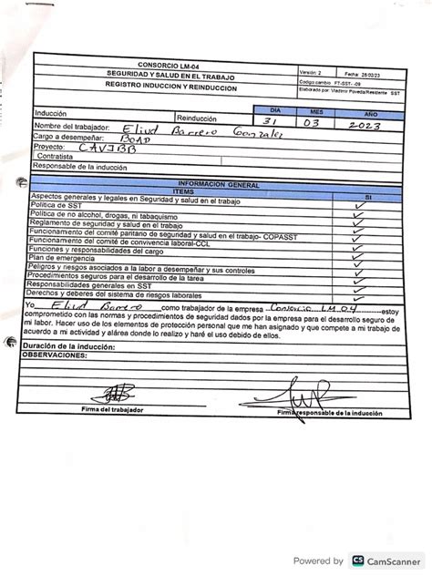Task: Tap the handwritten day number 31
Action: pos(271,121)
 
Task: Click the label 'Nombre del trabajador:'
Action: pos(72,126)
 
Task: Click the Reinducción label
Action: pos(197,118)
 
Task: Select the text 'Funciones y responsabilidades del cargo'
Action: pos(99,249)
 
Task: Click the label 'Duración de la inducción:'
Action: pos(73,347)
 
